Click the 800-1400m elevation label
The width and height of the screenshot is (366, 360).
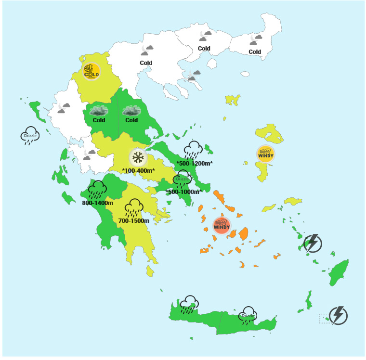[97, 203]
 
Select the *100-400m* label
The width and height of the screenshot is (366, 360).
[138, 170]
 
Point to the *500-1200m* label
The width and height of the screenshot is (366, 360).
[194, 163]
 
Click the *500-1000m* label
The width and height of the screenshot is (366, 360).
[183, 192]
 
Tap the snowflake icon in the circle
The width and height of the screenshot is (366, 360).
[138, 157]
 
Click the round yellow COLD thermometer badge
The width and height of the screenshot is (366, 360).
[91, 71]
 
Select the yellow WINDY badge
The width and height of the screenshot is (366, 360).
[265, 154]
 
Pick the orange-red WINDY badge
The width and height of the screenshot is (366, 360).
[222, 225]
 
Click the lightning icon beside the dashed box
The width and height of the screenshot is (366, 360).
[339, 315]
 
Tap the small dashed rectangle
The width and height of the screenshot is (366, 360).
[325, 319]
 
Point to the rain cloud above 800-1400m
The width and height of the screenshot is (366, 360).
[97, 189]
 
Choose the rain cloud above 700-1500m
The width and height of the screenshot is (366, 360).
[133, 207]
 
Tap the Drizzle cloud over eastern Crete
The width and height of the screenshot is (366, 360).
[248, 315]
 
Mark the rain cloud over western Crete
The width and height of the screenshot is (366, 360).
[189, 304]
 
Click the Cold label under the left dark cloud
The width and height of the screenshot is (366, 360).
[99, 120]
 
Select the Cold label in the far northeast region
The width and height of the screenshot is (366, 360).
[255, 52]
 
